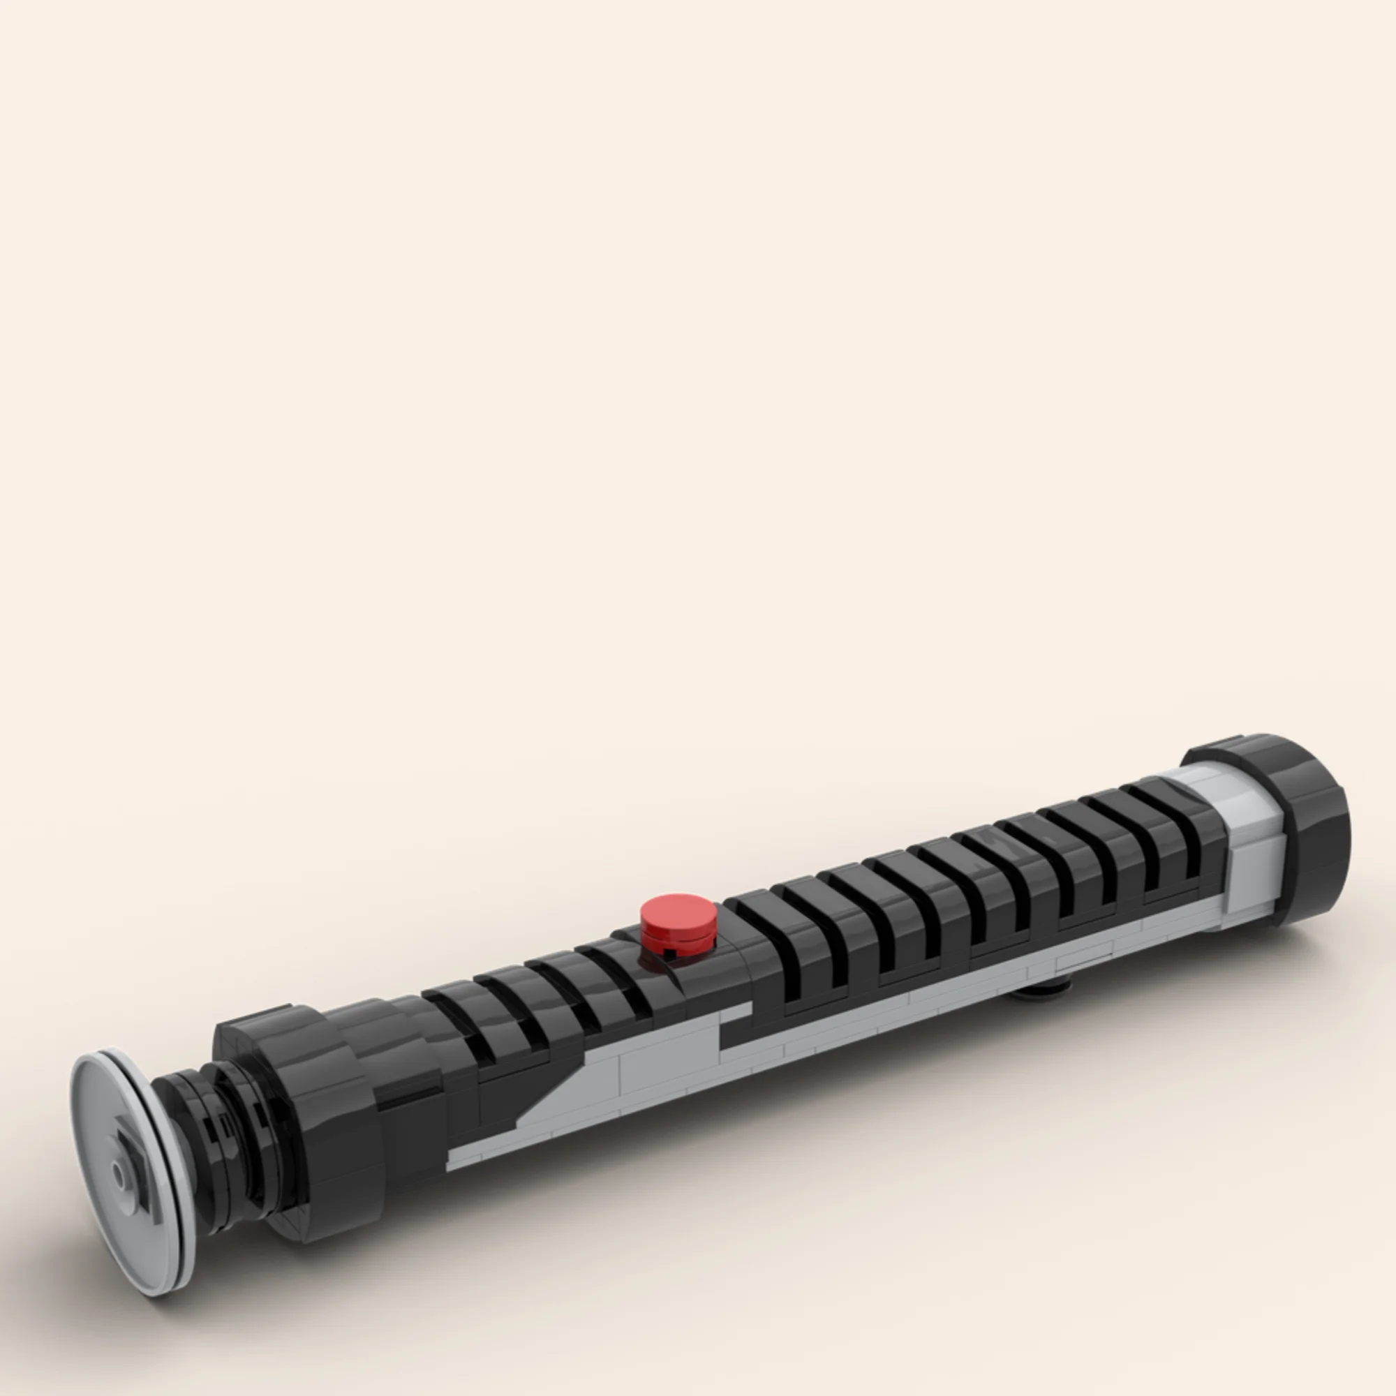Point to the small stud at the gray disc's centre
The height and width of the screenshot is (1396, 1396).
pyautogui.click(x=120, y=1175)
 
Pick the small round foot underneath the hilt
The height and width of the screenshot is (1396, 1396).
pyautogui.click(x=1041, y=986)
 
